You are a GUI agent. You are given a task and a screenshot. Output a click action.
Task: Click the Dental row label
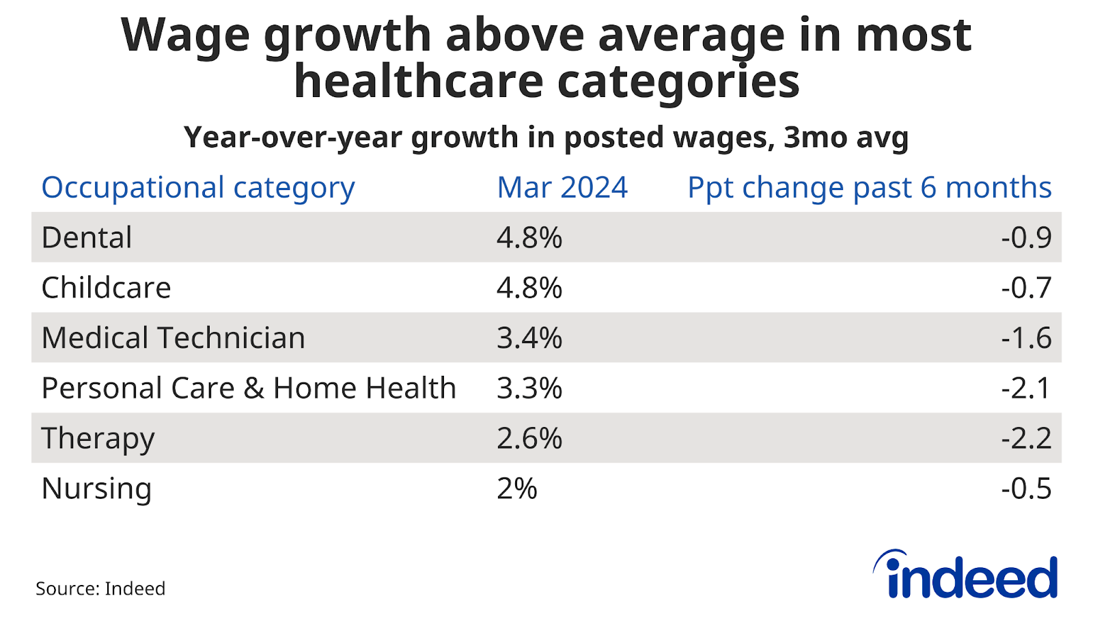87,237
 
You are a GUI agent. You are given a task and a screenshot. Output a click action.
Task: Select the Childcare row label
106,288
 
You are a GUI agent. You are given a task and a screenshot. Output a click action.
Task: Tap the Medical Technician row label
173,338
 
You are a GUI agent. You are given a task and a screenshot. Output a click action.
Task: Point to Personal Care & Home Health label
249,388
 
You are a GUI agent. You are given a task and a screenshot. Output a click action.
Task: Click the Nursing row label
96,489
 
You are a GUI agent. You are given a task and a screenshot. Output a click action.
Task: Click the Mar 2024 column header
562,187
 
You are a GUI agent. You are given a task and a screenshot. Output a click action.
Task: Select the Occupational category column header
198,188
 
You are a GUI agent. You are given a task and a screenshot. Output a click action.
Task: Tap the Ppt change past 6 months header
869,187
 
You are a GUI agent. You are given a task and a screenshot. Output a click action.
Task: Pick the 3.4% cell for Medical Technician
529,338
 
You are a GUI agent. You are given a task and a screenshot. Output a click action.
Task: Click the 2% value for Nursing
517,489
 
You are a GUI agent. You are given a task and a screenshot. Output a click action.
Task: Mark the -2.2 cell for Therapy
1026,438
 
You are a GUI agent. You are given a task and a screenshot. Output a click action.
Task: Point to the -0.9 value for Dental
1026,237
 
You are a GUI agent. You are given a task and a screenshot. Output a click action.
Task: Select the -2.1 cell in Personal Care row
1026,388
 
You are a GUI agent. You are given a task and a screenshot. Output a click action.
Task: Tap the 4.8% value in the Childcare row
529,288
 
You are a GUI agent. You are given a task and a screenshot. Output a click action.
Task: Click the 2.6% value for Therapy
529,438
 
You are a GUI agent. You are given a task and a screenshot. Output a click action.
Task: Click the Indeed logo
965,575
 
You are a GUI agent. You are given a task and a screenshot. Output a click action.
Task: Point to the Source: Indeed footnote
100,588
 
